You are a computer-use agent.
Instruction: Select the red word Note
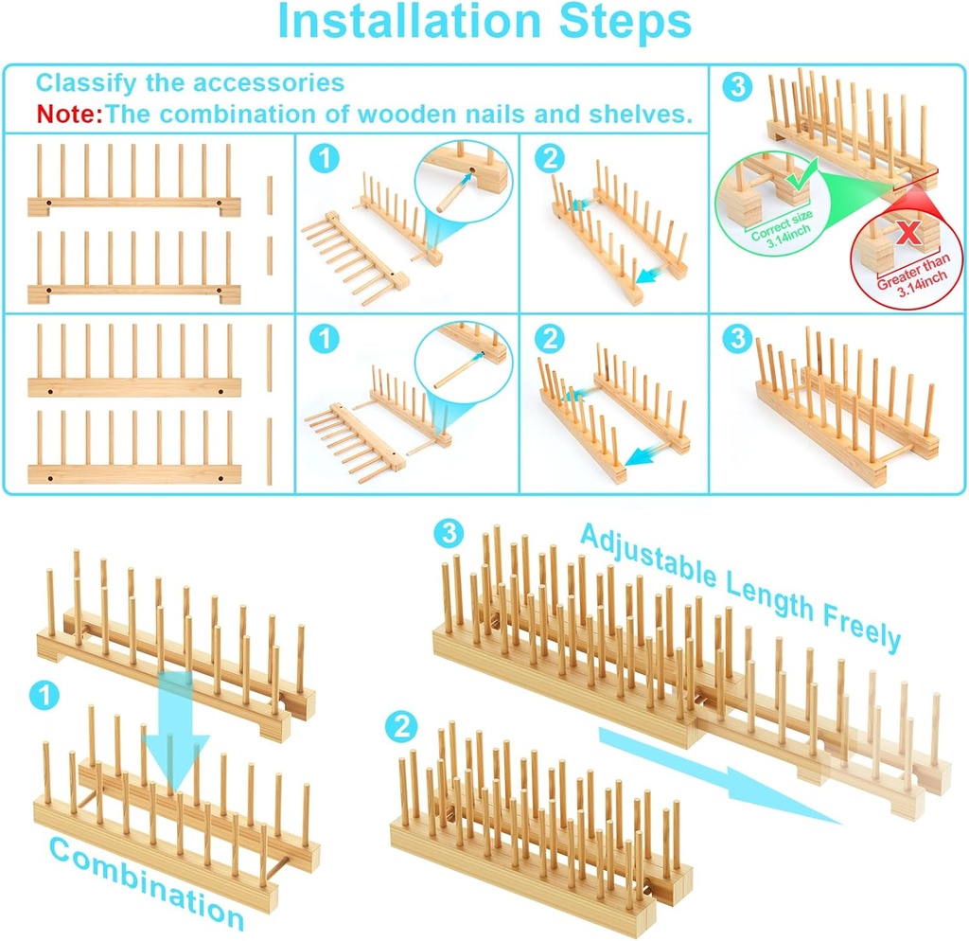tap(67, 115)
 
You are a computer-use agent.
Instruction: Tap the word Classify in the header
tap(82, 82)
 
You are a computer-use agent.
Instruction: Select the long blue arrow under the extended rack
tap(719, 776)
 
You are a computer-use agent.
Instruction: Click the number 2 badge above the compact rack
tap(402, 726)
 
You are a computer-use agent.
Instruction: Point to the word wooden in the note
tap(406, 115)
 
